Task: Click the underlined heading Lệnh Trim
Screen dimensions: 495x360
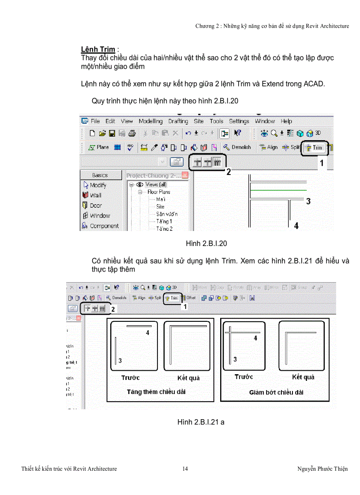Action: pyautogui.click(x=98, y=49)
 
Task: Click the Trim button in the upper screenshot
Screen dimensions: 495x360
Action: pyautogui.click(x=315, y=148)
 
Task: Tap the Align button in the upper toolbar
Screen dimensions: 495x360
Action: pyautogui.click(x=269, y=147)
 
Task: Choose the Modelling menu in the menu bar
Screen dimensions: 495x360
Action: pyautogui.click(x=150, y=121)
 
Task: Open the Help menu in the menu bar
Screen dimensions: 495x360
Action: pyautogui.click(x=286, y=121)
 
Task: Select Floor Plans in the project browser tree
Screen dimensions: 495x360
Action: pyautogui.click(x=159, y=192)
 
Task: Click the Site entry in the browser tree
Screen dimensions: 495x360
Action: pyautogui.click(x=160, y=206)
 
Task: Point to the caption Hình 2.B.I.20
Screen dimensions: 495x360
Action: pyautogui.click(x=206, y=243)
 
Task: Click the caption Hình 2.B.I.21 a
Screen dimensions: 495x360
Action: pyautogui.click(x=201, y=422)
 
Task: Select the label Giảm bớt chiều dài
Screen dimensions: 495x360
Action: pyautogui.click(x=276, y=392)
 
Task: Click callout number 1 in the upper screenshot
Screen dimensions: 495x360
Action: pyautogui.click(x=322, y=163)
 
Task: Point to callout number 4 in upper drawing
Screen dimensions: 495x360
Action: pyautogui.click(x=296, y=226)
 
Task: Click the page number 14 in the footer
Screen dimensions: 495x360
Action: pyautogui.click(x=185, y=469)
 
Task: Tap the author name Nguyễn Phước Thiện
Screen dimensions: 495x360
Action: pyautogui.click(x=322, y=469)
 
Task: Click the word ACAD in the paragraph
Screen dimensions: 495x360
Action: pyautogui.click(x=314, y=84)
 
